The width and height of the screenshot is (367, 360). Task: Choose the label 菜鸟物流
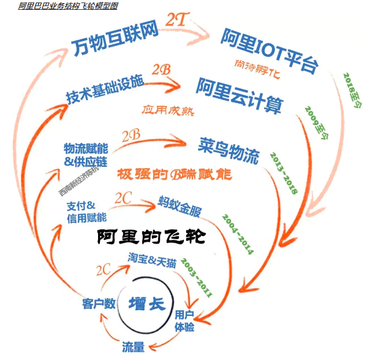coord(229,150)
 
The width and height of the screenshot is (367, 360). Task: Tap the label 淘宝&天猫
coord(153,259)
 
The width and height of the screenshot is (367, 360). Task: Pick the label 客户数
coord(99,303)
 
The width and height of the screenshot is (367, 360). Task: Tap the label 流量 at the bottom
coord(133,347)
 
